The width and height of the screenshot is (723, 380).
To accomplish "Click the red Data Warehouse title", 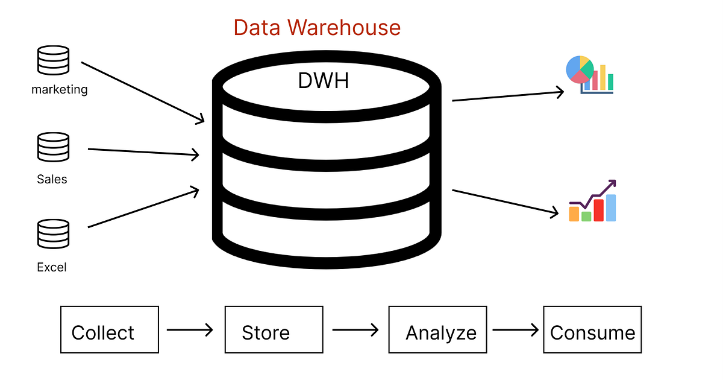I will pos(317,28).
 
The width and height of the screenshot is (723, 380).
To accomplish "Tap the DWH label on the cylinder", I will pos(324,80).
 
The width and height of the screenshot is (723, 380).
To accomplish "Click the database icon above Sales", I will pos(52,148).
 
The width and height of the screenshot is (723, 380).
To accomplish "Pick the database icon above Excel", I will pos(52,234).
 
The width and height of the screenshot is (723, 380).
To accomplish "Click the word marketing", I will pos(59,90).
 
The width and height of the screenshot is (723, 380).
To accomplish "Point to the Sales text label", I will pos(52,179).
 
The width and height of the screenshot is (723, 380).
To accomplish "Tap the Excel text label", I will pos(52,267).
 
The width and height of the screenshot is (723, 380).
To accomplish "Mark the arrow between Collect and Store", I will pos(190,330).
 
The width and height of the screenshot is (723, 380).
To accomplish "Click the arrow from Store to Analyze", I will pos(355,330).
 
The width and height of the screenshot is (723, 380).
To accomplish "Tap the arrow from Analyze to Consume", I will pos(515,330).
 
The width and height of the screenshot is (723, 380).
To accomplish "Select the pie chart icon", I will pos(580,69).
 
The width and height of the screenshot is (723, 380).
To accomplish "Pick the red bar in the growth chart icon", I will pos(599,211).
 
